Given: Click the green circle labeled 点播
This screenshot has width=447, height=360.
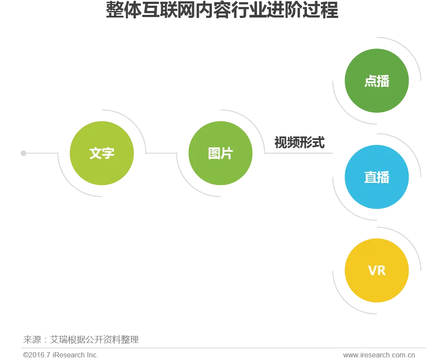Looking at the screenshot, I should pos(377,81).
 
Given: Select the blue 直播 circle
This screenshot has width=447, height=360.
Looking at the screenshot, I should pos(377,177).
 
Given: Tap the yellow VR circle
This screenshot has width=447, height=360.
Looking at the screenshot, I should pos(377,270).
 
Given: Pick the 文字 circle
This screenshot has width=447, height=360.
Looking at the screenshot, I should pos(102,153).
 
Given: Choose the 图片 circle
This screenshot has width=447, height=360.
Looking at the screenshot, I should pos(220,153).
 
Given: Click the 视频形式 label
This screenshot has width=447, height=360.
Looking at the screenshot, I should pos(299,143).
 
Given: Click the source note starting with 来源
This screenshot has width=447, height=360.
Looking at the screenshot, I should pos(81,339).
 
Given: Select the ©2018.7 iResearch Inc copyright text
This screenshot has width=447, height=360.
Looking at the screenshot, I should pos(60,355).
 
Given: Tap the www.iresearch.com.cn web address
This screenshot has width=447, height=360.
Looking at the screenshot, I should pos(380,356).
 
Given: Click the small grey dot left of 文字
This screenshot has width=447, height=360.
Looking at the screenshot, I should pos(24,154).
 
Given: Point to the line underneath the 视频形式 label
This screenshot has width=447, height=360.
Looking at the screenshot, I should pos(298,153).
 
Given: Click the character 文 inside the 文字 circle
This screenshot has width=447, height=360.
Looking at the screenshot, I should pos(95,153).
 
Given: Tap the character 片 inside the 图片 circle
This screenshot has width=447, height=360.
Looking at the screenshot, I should pos(227,153).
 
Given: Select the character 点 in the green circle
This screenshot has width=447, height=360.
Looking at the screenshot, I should pos(370,81).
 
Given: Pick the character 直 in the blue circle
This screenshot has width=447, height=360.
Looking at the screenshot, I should pos(370,177).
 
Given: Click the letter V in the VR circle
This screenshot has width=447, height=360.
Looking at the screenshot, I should pos(372,270).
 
